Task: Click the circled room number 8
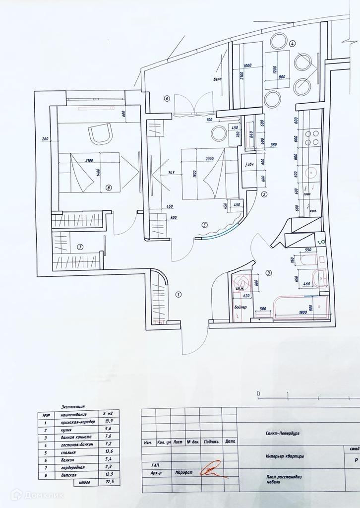click(x=109, y=188)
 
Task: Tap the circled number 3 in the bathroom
click(x=268, y=272)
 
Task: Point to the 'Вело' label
click(x=217, y=79)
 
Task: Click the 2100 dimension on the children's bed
click(x=90, y=160)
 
